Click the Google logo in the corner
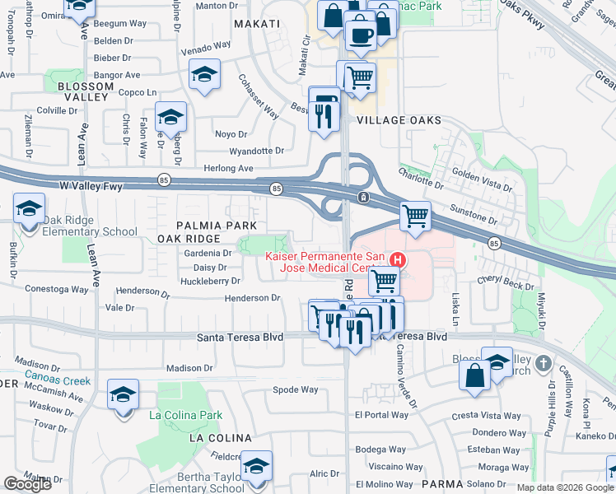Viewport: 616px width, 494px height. [27, 484]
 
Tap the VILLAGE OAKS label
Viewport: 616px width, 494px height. [398, 120]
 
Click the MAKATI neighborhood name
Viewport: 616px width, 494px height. [257, 24]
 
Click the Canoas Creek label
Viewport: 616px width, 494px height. [57, 381]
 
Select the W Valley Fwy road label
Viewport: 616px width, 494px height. [91, 186]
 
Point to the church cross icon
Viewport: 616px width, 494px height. [542, 363]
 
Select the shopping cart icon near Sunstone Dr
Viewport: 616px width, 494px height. [415, 217]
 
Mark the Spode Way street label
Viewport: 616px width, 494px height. [295, 389]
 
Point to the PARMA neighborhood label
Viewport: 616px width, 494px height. [438, 484]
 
